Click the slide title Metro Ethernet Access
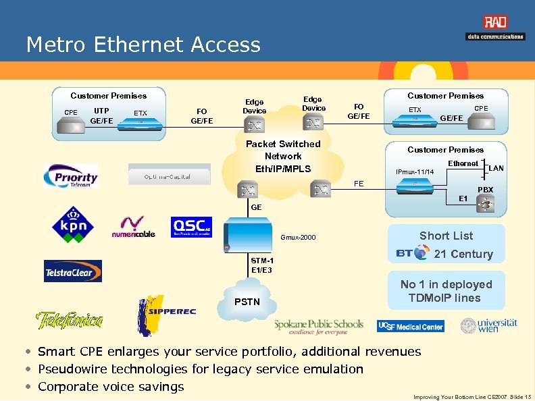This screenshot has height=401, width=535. [143, 45]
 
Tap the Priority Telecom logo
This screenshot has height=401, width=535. [71, 176]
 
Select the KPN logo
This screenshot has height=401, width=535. [73, 224]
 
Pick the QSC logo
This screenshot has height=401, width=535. [191, 227]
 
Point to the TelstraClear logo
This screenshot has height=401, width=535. [73, 271]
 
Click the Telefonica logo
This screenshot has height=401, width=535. [70, 319]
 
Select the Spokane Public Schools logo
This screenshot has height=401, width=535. [318, 326]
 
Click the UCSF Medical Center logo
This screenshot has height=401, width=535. [411, 326]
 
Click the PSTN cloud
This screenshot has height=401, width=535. [247, 302]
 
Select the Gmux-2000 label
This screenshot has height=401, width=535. [299, 238]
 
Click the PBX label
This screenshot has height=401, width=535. [485, 190]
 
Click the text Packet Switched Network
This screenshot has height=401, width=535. [283, 150]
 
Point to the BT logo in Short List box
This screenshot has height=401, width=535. [411, 253]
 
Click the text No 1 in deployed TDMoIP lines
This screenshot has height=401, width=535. [446, 291]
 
